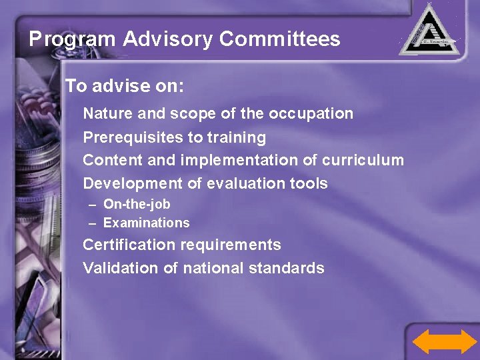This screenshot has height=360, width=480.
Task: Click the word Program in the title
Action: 72,39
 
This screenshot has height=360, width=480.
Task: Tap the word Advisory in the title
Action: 167,39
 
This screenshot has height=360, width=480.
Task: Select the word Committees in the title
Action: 279,39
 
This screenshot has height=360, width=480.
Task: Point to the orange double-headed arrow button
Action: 445,341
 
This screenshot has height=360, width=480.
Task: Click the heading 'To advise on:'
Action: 124,87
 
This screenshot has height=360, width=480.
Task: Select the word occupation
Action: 311,114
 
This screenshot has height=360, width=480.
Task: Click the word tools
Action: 311,183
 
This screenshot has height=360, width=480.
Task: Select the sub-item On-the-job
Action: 137,205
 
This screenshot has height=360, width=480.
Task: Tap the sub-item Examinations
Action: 146,223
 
